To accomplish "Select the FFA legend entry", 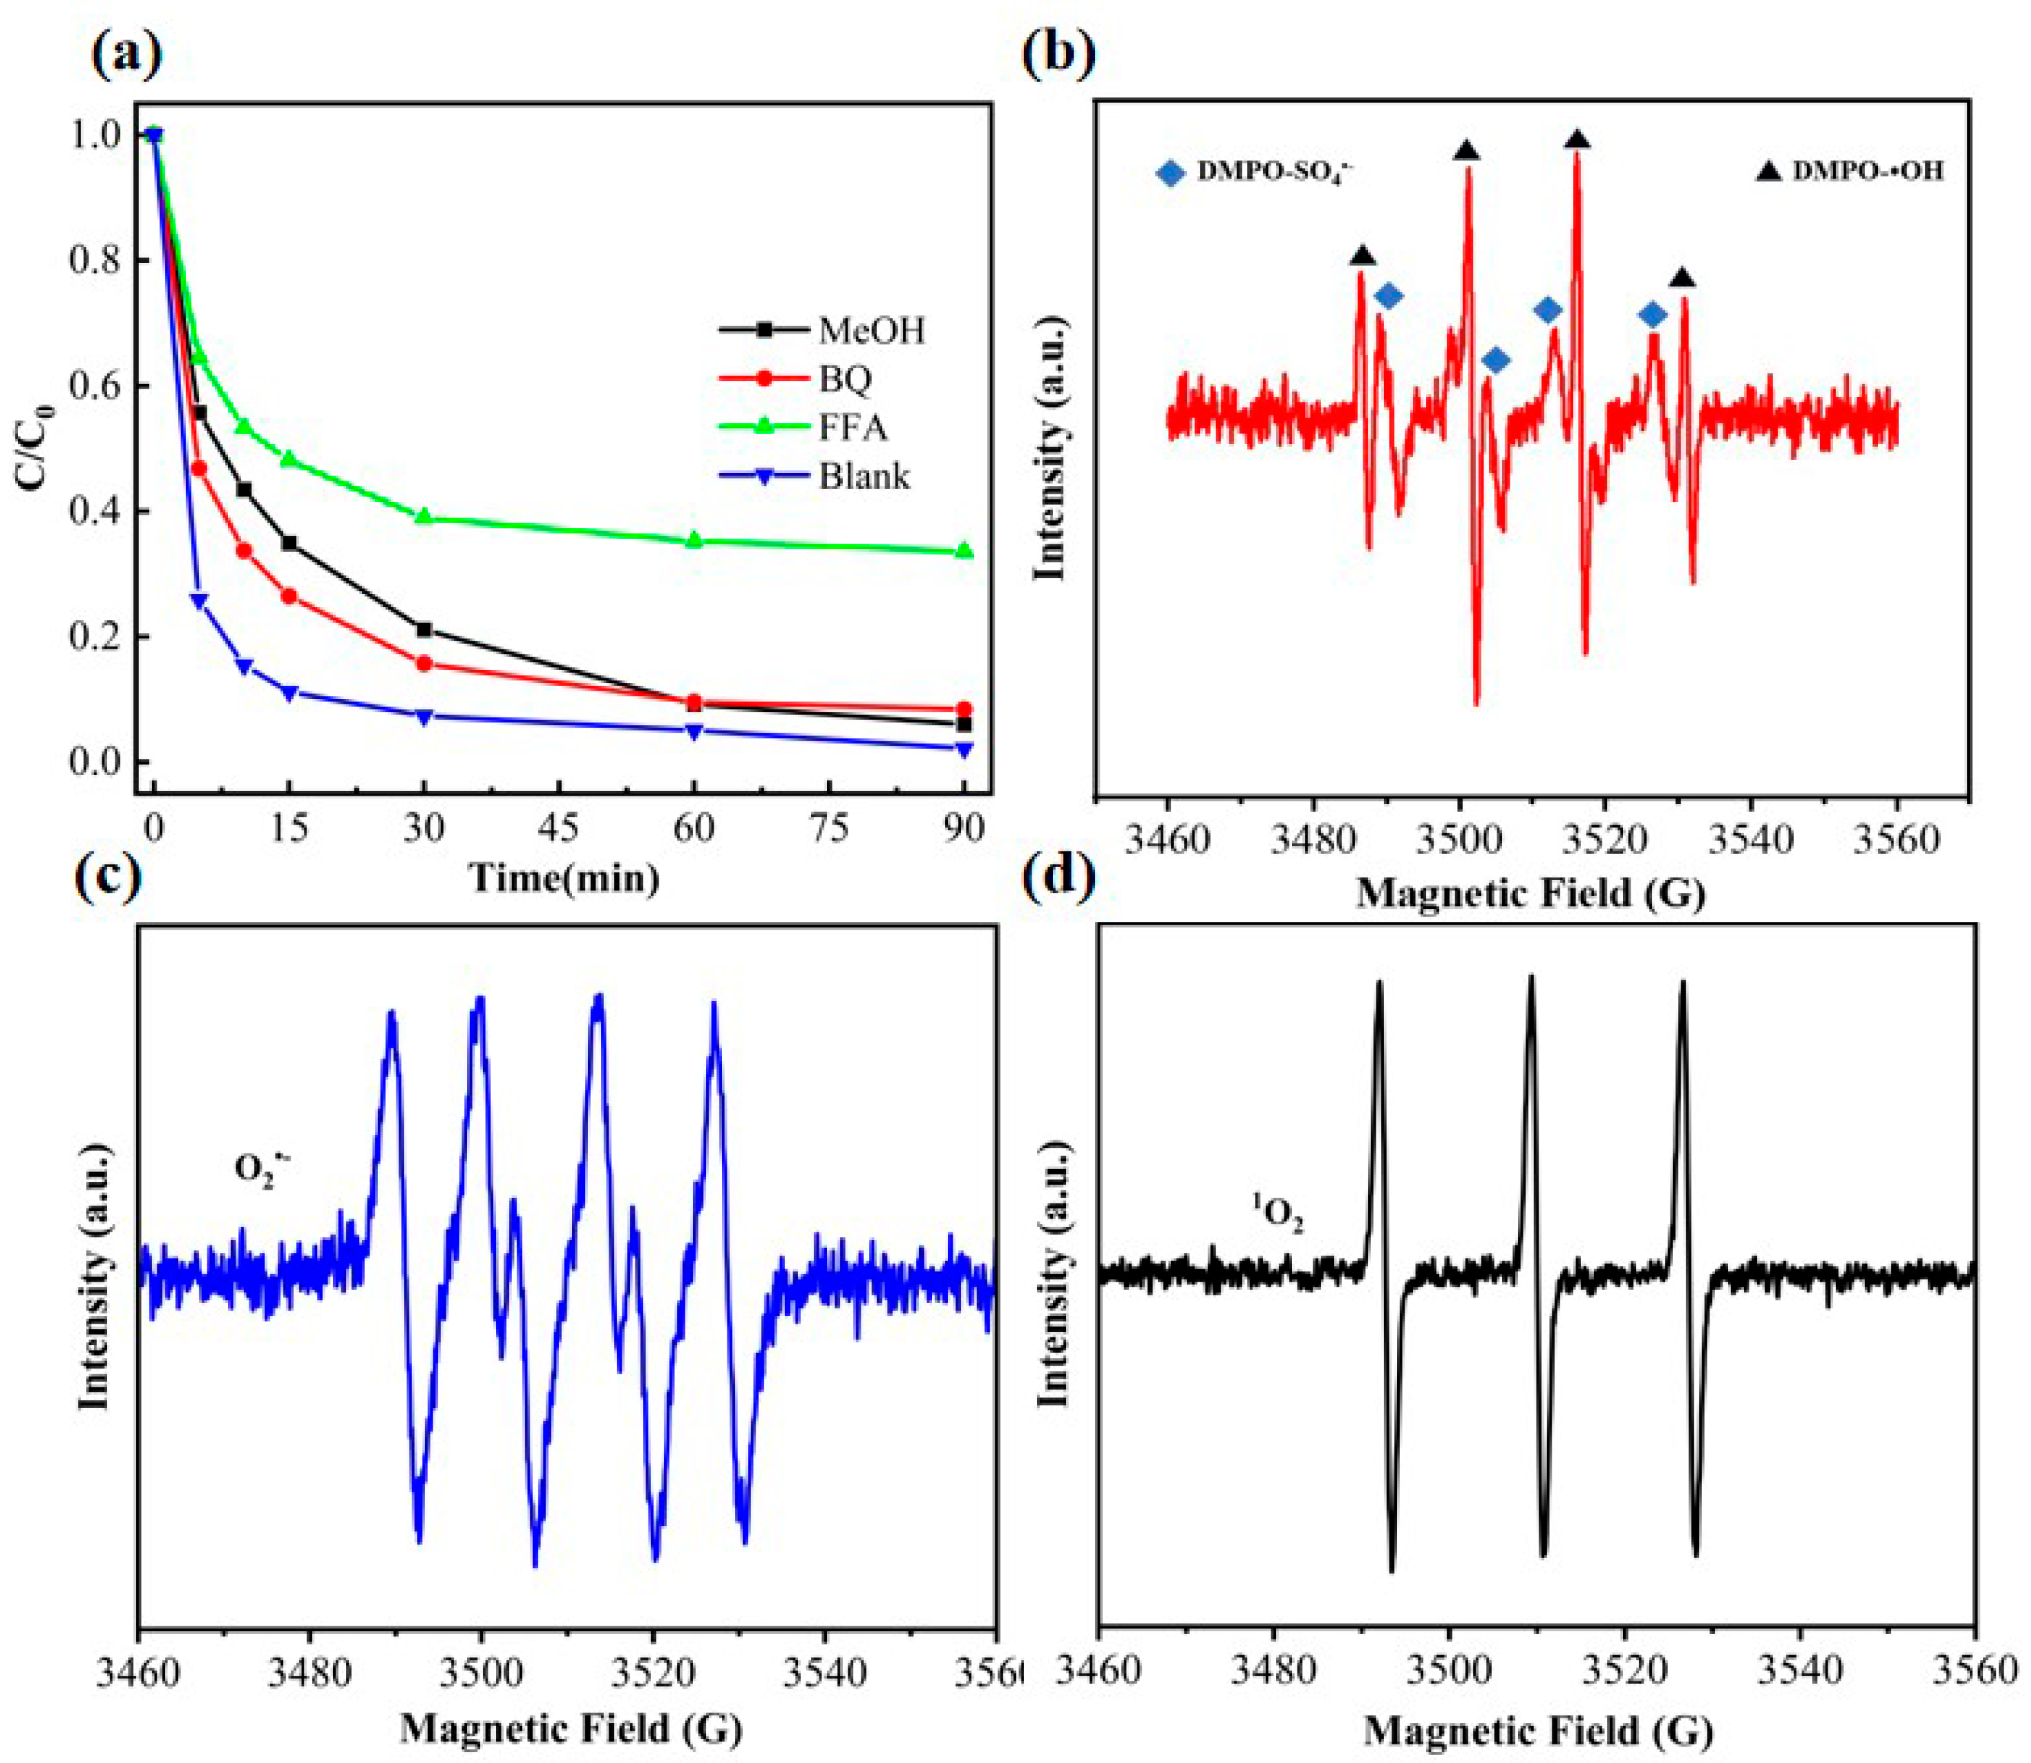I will (x=852, y=428).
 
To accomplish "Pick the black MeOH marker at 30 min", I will (x=424, y=630).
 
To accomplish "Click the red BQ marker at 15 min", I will (x=289, y=596).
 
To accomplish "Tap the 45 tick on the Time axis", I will (x=559, y=829).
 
